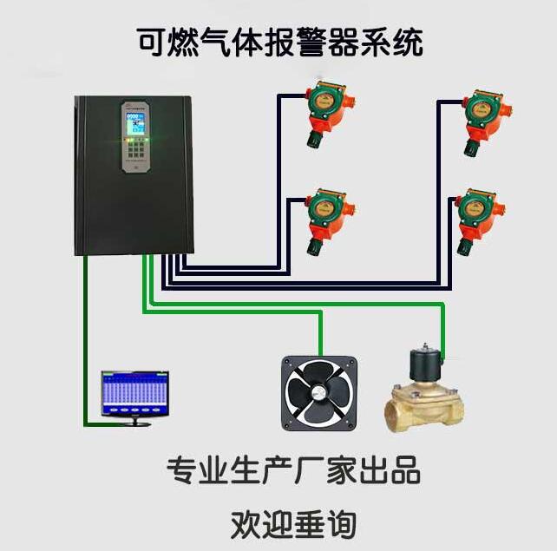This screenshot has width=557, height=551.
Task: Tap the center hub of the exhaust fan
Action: pos(319,392)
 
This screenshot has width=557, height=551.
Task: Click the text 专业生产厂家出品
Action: pos(292,470)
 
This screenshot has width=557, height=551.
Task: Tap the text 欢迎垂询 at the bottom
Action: pos(292,524)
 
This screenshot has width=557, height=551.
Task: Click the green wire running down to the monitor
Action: pos(86,347)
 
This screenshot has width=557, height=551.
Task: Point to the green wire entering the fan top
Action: pos(322,334)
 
